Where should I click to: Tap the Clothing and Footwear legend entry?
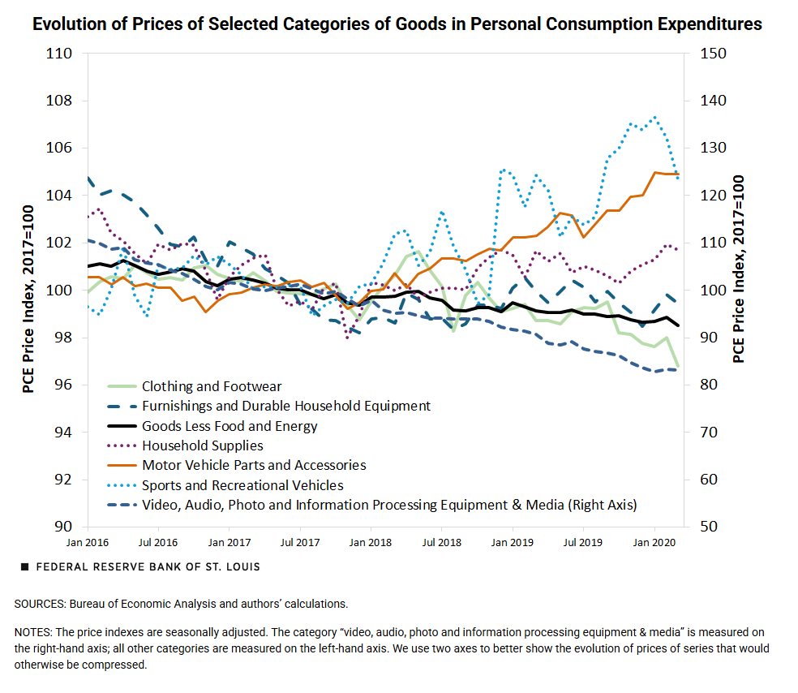point(212,387)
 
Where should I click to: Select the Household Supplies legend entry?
point(202,445)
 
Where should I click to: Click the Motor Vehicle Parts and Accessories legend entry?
point(254,465)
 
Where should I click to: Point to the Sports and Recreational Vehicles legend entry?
point(242,485)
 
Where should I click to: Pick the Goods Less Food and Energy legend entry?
point(230,426)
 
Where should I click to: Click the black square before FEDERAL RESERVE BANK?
point(25,566)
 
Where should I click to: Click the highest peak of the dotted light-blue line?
point(654,117)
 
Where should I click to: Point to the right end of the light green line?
point(678,368)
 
